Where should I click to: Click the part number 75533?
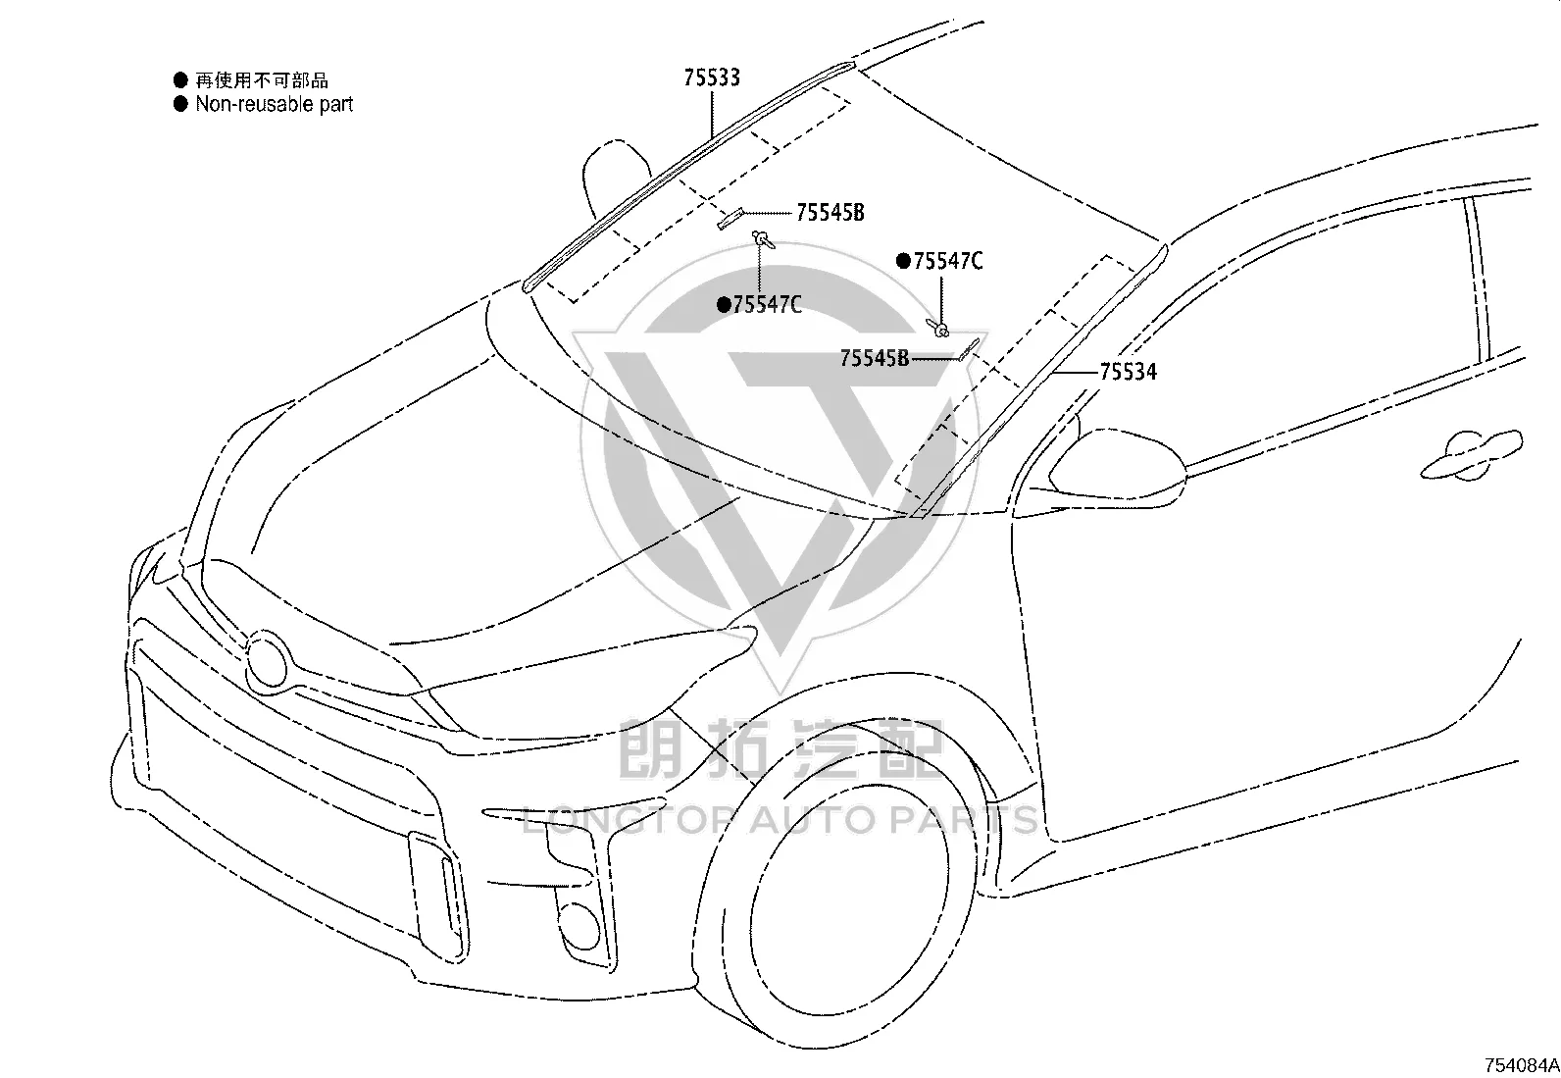[x=712, y=77]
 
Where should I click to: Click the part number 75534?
[x=1128, y=372]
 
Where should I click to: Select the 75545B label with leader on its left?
[x=830, y=212]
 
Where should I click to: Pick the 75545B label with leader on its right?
[x=874, y=358]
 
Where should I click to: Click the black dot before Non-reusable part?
[x=180, y=104]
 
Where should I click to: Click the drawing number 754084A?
[x=1521, y=1065]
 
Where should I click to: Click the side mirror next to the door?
[x=1115, y=466]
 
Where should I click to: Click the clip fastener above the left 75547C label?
[x=763, y=240]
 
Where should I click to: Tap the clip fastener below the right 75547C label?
[x=938, y=327]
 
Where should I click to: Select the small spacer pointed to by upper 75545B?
[x=731, y=219]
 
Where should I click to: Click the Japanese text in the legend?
[x=262, y=80]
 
